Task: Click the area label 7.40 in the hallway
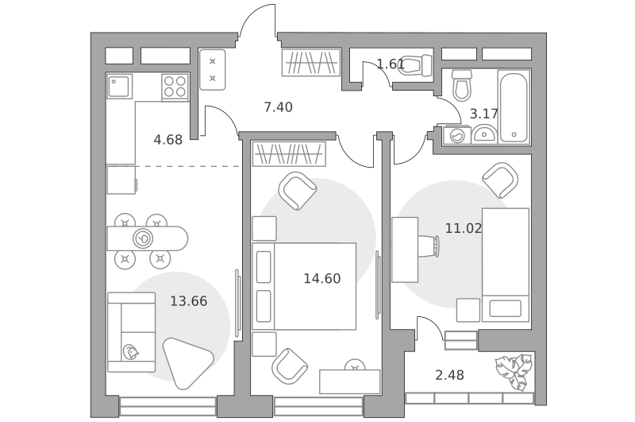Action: coord(278,107)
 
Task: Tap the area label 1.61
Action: coord(391,64)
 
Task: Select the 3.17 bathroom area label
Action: coord(483,114)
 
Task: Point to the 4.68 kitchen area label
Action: coord(168,140)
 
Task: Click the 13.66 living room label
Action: coord(188,301)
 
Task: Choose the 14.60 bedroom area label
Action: coord(322,278)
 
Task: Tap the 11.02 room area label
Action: coord(464,229)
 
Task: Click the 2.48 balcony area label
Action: coord(449,375)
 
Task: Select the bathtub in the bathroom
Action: coord(514,107)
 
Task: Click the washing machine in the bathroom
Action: coord(457,135)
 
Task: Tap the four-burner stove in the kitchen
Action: coord(175,87)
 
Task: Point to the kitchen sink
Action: coord(120,86)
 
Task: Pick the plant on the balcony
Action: coord(514,371)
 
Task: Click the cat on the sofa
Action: coord(130,351)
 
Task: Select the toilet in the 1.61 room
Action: coord(415,65)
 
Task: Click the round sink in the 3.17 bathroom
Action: coord(484,135)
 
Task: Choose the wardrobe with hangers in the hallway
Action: coord(311,63)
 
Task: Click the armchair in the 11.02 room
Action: coord(501,180)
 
